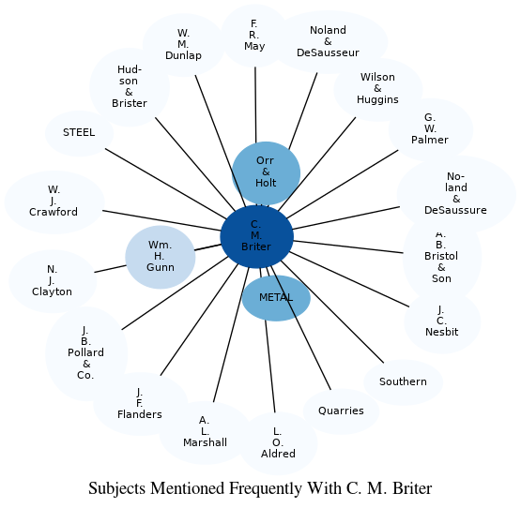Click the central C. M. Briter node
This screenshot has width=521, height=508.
pos(256,236)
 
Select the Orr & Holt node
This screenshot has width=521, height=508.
pos(266,172)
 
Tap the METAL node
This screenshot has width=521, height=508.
pos(276,298)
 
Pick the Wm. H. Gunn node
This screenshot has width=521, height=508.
pos(161,256)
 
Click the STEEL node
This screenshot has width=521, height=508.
pos(79,133)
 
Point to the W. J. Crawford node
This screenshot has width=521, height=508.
pos(54,202)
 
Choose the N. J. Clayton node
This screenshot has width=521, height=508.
pos(52,280)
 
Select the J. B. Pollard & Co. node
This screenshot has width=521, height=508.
pos(86,352)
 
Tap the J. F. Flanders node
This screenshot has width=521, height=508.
pos(140,403)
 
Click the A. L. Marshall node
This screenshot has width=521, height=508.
pos(205,432)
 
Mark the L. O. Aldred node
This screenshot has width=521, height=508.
pos(278,442)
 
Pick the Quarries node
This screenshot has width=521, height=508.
pos(341,411)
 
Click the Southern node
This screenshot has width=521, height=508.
pos(403,381)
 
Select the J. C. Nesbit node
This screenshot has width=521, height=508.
pos(441,321)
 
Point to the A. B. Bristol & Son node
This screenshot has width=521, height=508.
pos(441,257)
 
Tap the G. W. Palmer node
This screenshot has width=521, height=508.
pos(430,128)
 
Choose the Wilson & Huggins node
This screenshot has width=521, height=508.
pos(377,88)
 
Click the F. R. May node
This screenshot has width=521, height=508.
pos(254,35)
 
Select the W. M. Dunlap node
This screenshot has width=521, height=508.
pos(183,44)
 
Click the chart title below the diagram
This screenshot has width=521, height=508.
pos(260,488)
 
